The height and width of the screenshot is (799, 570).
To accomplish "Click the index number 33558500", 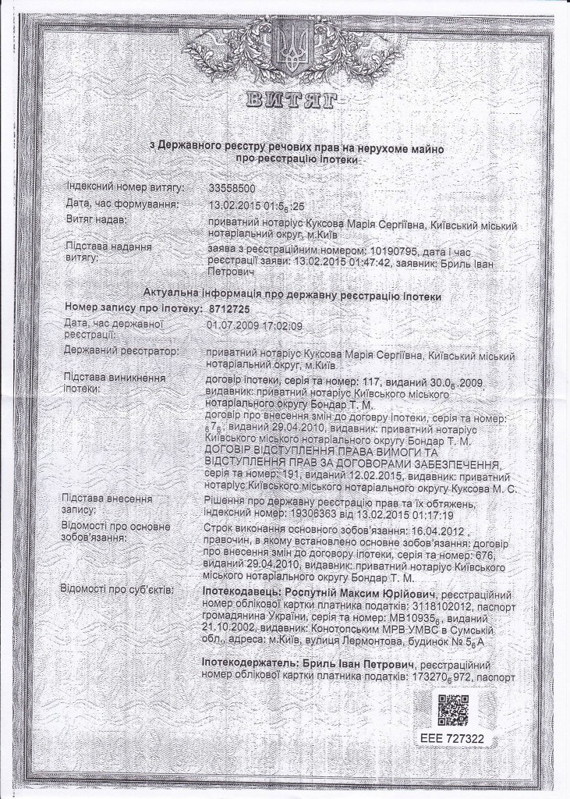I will (x=232, y=189).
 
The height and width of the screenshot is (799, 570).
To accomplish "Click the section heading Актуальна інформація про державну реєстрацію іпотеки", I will (x=292, y=297).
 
